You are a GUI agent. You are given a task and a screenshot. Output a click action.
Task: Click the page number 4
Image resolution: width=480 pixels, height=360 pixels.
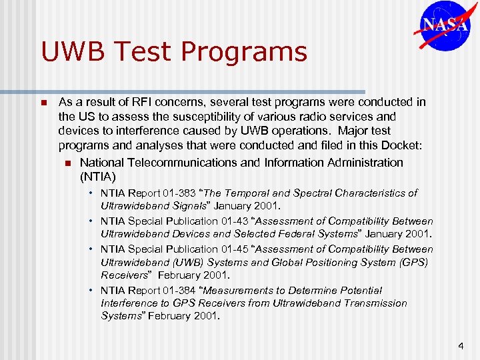461,346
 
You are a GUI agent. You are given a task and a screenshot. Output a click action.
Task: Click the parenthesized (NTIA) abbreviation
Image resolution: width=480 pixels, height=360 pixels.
98,177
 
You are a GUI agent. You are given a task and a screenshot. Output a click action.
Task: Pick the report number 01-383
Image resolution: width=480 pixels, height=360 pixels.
175,193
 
